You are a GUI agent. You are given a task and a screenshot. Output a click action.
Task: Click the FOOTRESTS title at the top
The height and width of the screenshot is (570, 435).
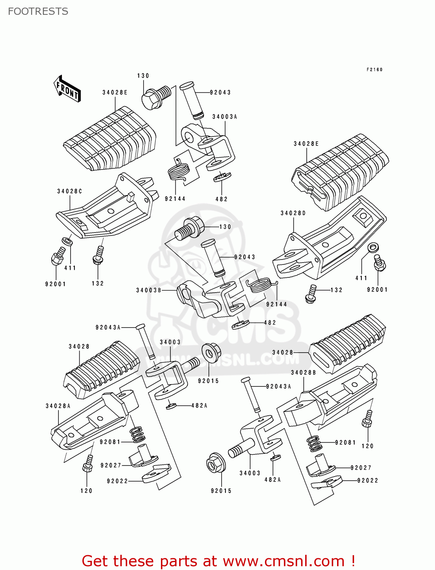pos(38,11)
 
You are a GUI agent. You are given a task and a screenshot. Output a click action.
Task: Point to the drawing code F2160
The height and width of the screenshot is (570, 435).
pos(374,70)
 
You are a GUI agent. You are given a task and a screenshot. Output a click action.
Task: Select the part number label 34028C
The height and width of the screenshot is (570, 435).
pos(69,191)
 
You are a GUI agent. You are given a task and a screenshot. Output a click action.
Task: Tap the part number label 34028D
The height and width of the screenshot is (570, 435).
pos(293,213)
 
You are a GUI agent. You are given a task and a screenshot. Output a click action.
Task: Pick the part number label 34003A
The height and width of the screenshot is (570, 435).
pos(225,117)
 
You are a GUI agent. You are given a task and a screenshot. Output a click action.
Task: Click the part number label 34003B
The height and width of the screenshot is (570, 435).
pos(149,290)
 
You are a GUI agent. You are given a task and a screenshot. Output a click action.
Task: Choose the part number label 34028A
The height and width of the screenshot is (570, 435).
pos(58,406)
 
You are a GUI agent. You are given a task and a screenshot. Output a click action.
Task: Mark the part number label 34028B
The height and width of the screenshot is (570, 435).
pos(303,372)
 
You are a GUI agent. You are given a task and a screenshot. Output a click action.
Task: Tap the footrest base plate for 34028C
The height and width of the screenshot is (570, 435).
pos(106,213)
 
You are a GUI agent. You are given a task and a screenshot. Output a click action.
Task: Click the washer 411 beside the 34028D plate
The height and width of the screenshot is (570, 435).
pos(372,248)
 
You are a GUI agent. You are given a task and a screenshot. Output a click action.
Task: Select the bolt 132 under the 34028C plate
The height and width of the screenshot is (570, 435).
pos(98,255)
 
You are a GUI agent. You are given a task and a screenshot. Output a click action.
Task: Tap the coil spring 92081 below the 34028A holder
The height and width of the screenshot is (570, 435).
pos(137,435)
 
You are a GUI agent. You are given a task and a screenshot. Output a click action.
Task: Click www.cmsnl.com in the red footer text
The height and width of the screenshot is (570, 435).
pos(283,561)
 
